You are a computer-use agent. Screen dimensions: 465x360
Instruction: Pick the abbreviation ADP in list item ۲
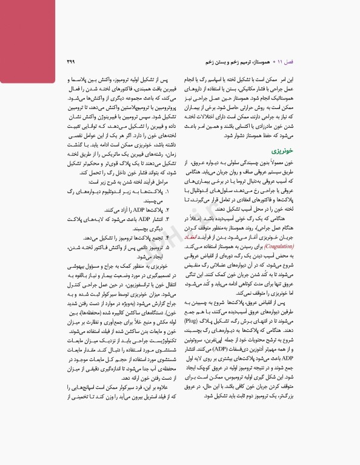pyautogui.click(x=135, y=225)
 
